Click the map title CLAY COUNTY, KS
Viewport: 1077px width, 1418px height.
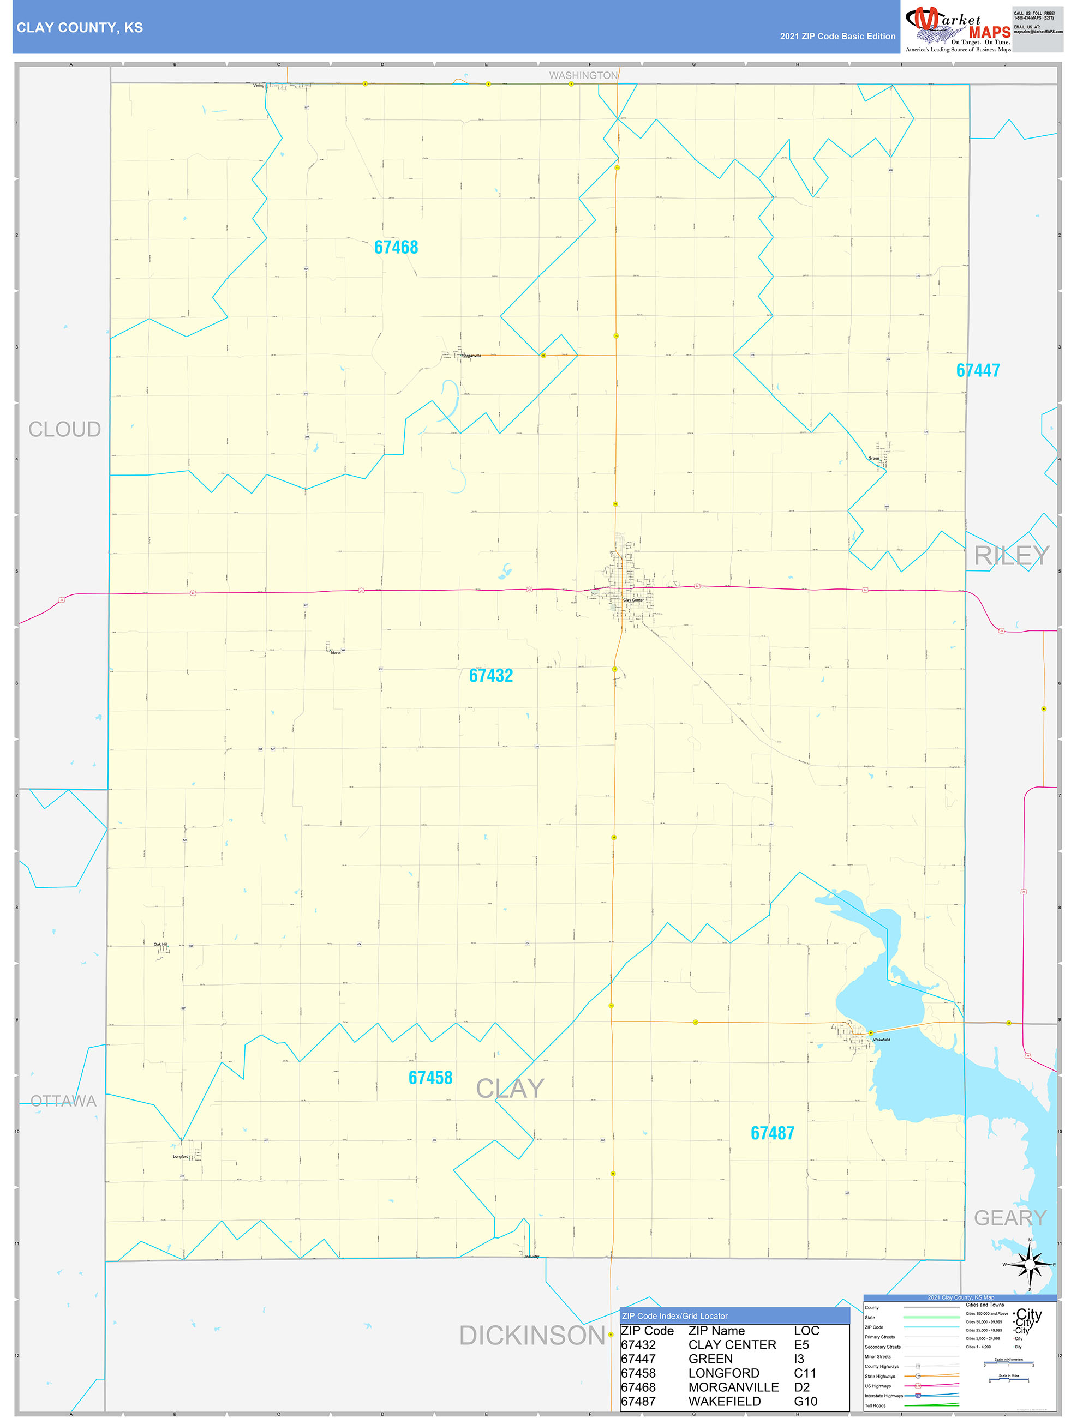tap(80, 28)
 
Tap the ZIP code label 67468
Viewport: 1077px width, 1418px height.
tap(396, 248)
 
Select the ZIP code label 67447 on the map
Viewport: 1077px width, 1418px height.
tap(977, 370)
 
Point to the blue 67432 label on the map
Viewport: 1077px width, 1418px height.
tap(490, 676)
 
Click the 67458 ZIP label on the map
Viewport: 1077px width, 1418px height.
tap(430, 1078)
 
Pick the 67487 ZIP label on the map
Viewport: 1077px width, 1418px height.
tap(773, 1133)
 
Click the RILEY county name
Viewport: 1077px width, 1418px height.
tap(1011, 556)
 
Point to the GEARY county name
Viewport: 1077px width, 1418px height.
tap(1010, 1218)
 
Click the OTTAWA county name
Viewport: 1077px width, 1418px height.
tap(63, 1101)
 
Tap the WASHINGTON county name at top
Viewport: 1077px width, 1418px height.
tap(583, 76)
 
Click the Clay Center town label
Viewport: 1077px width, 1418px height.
tap(633, 600)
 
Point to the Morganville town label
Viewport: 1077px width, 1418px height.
tap(471, 356)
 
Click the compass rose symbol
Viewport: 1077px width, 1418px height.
tap(1030, 1265)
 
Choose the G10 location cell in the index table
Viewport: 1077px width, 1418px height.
tap(805, 1401)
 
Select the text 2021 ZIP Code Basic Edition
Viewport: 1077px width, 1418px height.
tap(837, 37)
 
